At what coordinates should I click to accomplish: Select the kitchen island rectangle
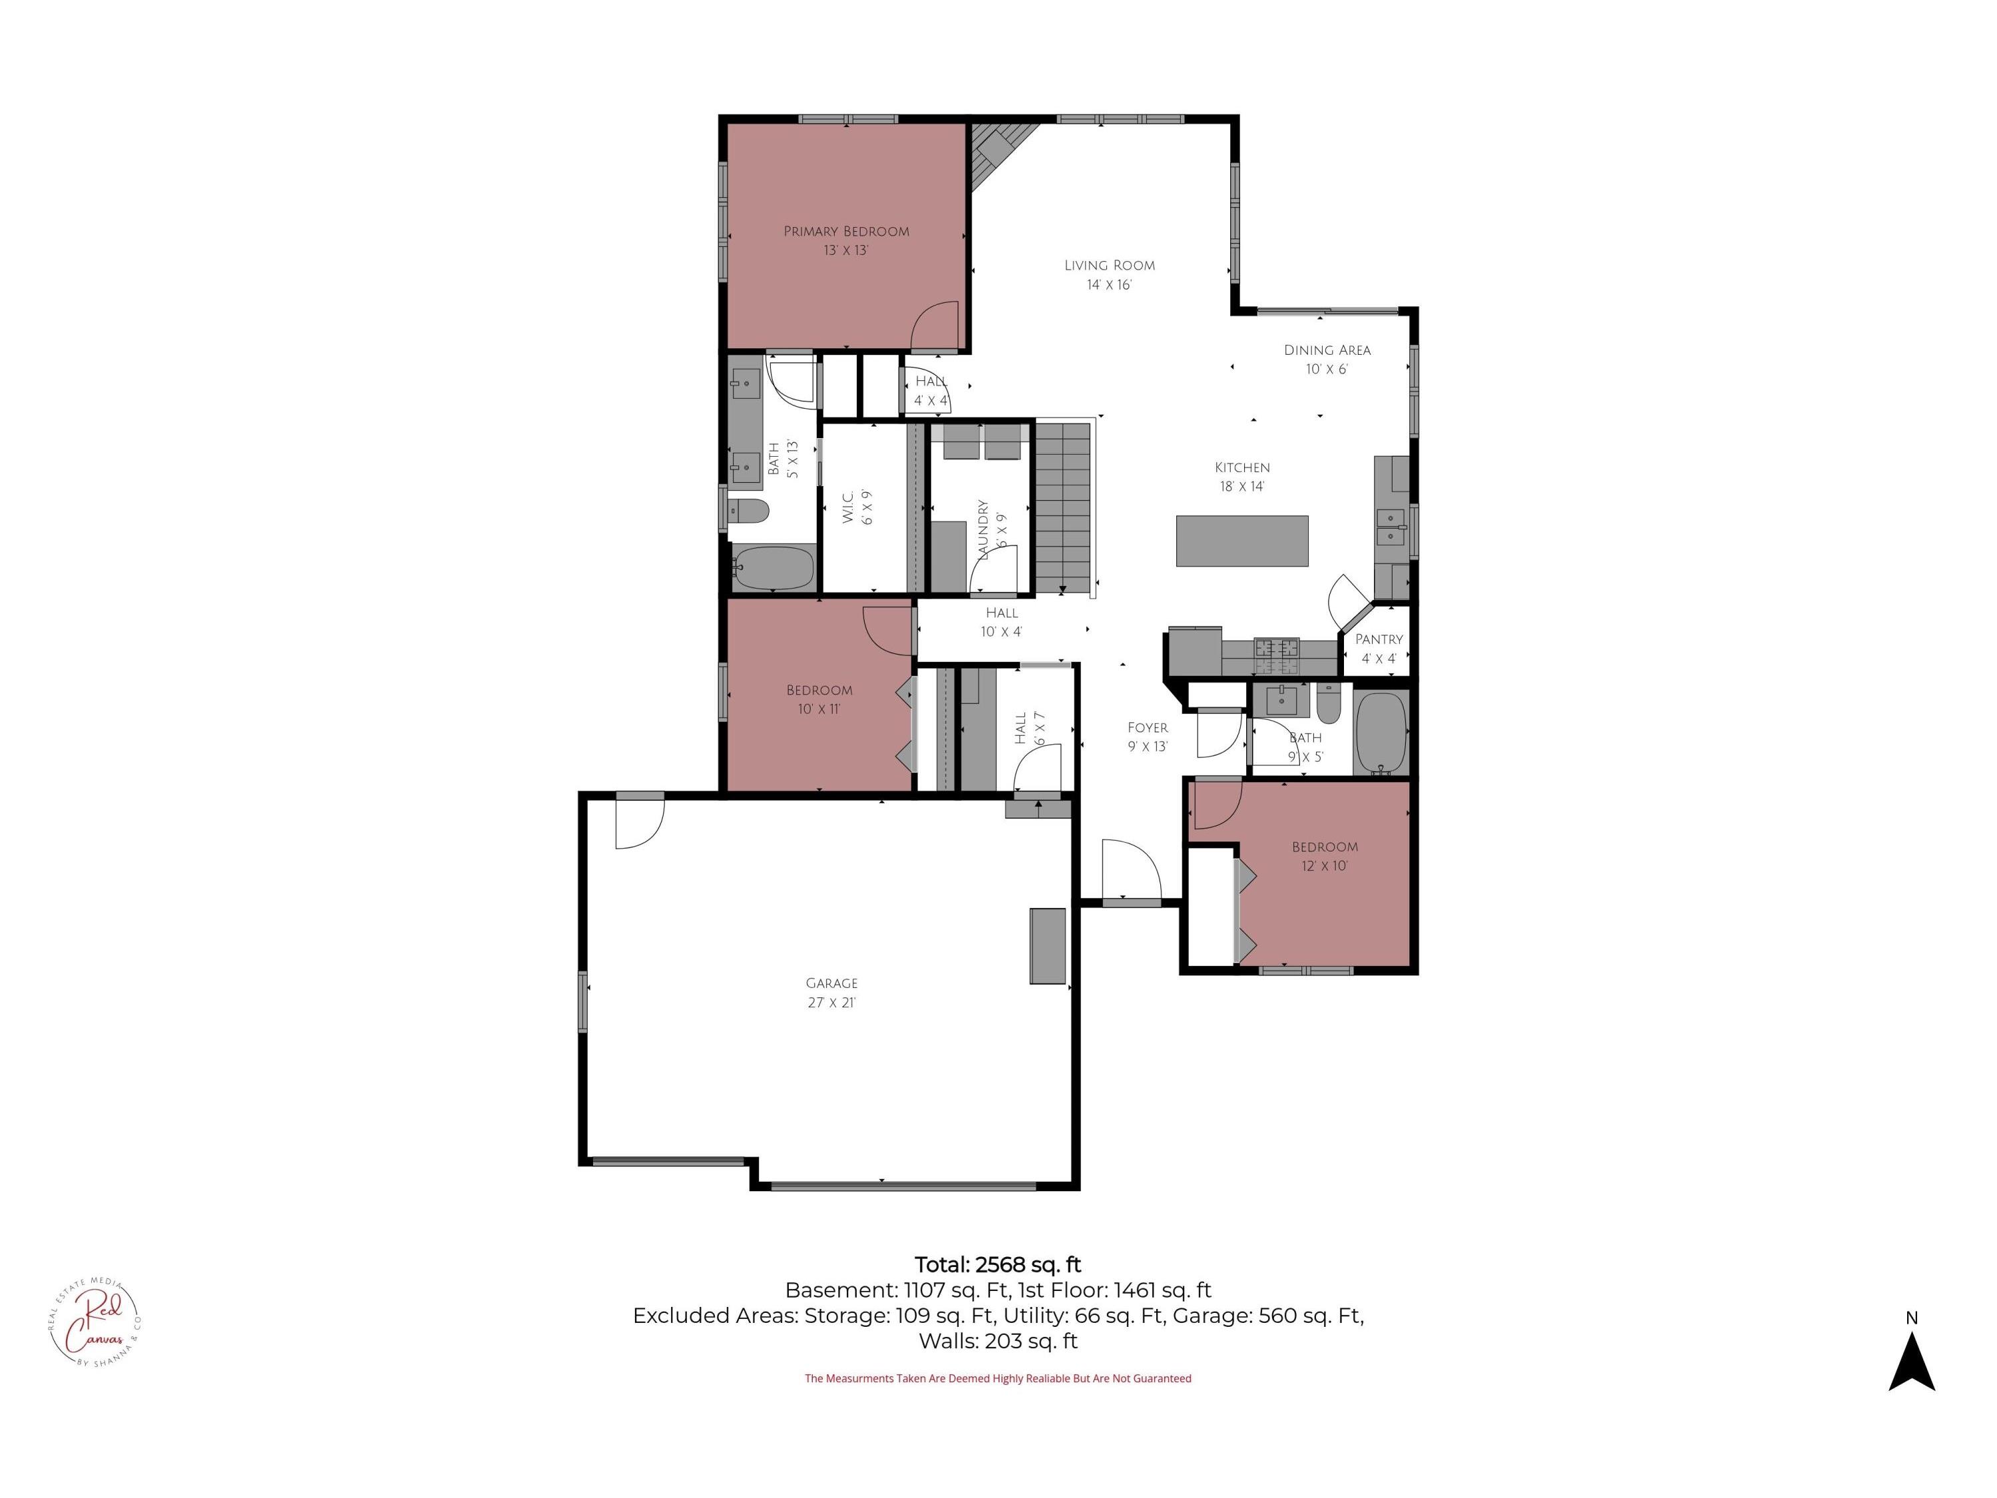coord(1242,541)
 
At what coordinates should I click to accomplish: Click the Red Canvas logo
coord(94,1324)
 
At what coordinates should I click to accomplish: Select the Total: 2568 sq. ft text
coord(998,1264)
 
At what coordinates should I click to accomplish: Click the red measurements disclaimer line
coord(998,1378)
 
